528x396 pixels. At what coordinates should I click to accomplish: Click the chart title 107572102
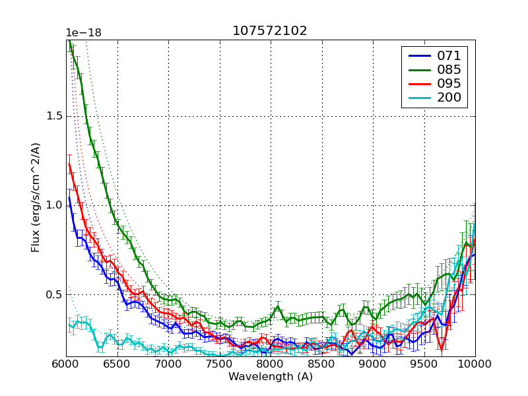pos(269,31)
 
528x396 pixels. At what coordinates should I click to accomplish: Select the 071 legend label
pos(449,55)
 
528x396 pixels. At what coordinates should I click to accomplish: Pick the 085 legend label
pos(449,70)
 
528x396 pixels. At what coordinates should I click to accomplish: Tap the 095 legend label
pos(449,84)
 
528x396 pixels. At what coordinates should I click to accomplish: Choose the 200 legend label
pos(449,98)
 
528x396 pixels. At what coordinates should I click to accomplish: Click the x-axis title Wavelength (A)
pos(271,377)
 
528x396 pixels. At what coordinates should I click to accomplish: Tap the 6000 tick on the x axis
pos(66,364)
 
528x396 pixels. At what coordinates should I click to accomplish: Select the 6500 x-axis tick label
pos(117,364)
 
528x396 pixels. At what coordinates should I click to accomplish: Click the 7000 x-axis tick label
pos(168,364)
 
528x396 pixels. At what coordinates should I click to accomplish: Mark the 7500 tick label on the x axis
pos(220,364)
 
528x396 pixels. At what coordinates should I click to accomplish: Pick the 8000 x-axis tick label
pos(271,364)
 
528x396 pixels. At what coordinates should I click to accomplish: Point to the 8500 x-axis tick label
pos(322,364)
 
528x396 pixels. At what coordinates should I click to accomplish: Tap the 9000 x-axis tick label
pos(373,364)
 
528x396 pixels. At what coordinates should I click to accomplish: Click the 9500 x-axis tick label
pos(424,364)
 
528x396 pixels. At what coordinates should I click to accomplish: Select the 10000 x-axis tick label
pos(474,364)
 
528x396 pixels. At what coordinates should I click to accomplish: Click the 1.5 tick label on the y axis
pos(54,116)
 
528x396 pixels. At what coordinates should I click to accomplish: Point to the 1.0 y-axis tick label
pos(54,205)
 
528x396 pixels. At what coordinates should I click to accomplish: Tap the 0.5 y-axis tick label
pos(54,294)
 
